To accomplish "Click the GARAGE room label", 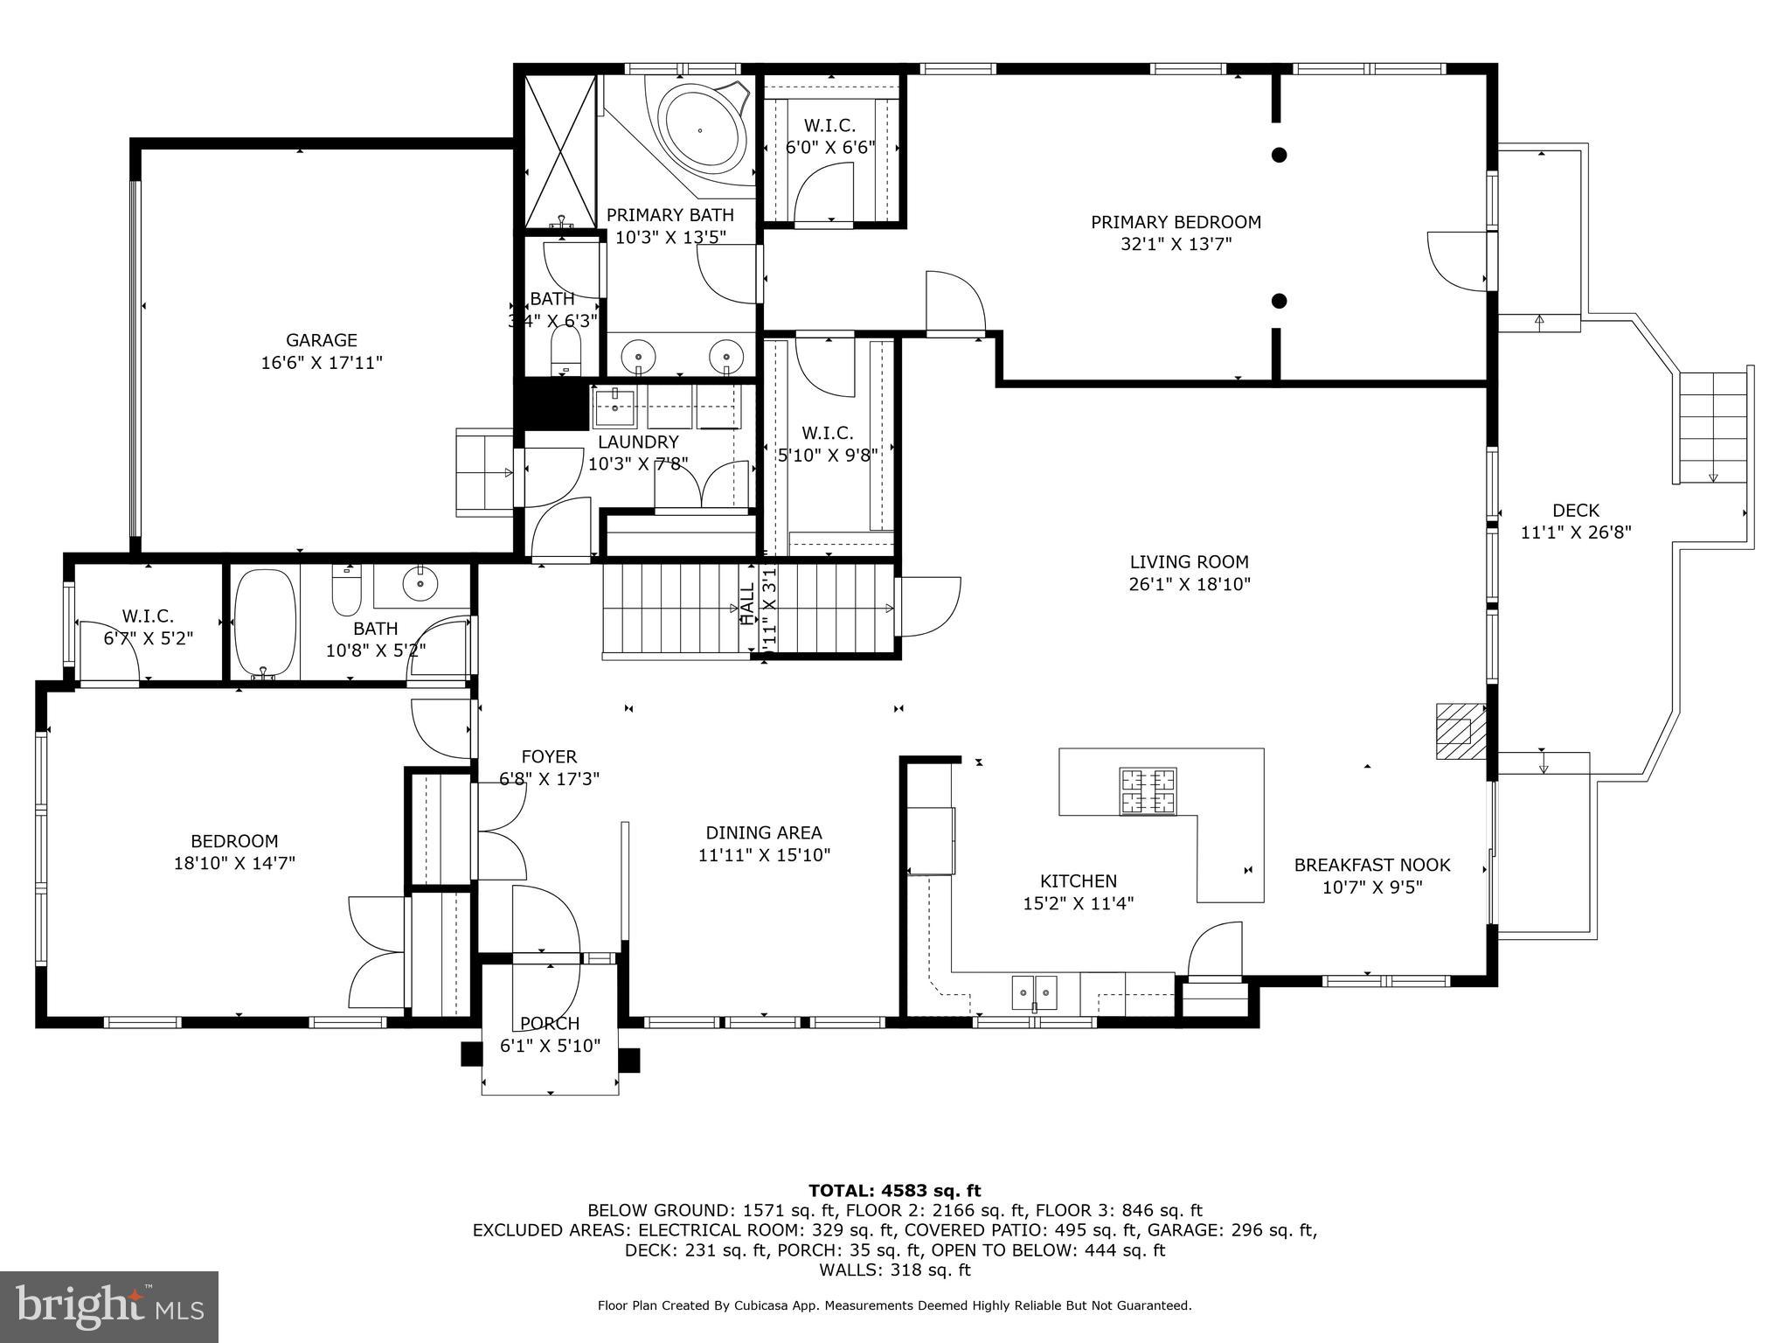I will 322,340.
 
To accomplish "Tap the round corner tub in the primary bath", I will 701,129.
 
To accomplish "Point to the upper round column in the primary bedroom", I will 1279,156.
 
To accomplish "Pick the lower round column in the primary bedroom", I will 1279,301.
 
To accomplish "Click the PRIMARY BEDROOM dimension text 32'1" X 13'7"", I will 1176,244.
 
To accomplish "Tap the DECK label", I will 1576,510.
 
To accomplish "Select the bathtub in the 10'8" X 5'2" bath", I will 266,623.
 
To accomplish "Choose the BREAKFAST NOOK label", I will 1371,865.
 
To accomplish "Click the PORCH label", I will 550,1023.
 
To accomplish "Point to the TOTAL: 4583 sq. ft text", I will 894,1190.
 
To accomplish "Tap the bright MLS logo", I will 108,1307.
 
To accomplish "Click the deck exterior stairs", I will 1710,426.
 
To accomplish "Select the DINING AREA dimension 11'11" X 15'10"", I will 763,855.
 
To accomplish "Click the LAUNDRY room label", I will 638,442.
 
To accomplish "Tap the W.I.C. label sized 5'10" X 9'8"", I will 827,433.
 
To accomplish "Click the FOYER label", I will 549,756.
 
